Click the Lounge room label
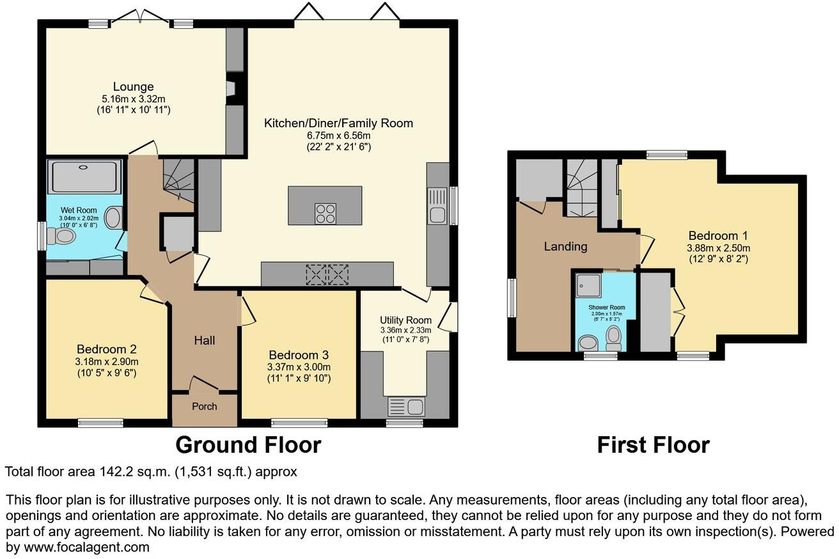tap(133, 86)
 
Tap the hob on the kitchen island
tap(325, 213)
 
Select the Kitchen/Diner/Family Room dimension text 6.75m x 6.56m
tap(338, 136)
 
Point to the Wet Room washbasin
tap(114, 218)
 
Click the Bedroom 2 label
tap(106, 349)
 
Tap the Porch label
tap(205, 406)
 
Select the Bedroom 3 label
tap(299, 355)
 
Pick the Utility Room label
tap(405, 320)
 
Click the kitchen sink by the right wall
tap(437, 206)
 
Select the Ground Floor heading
tap(248, 445)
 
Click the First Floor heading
tap(653, 445)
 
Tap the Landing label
tap(565, 246)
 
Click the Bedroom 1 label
tap(718, 235)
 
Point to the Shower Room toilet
tap(614, 338)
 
